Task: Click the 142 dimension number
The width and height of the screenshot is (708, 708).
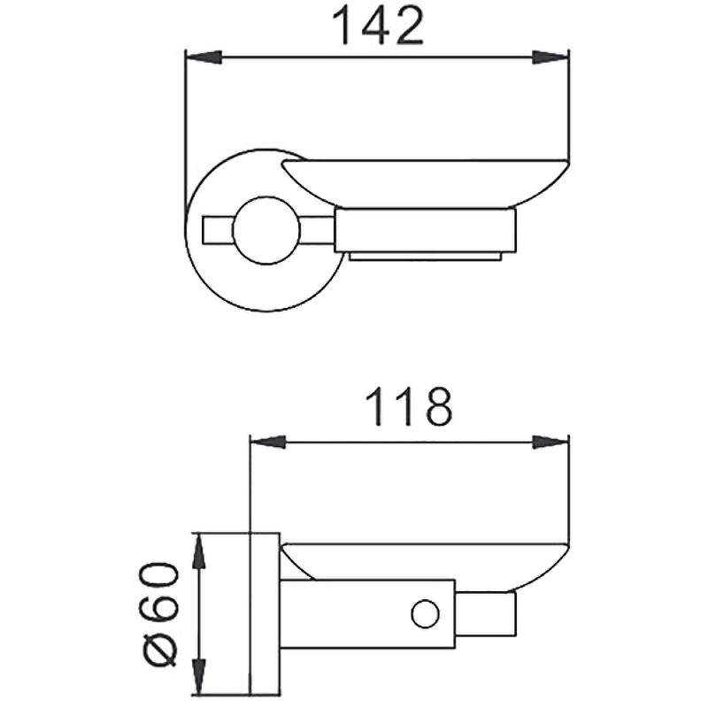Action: click(x=378, y=27)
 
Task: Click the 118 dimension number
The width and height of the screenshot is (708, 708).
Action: click(x=408, y=407)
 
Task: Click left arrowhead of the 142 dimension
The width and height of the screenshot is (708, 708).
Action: click(x=204, y=58)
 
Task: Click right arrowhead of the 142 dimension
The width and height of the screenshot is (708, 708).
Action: click(x=550, y=58)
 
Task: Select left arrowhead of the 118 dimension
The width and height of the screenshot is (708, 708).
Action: click(x=268, y=442)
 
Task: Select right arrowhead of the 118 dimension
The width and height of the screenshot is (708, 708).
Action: click(x=550, y=442)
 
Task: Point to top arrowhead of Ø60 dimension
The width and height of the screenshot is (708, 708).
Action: click(x=198, y=551)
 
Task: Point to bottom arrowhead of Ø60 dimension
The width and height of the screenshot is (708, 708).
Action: click(x=198, y=676)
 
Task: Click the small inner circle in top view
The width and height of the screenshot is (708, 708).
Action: click(x=266, y=230)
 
